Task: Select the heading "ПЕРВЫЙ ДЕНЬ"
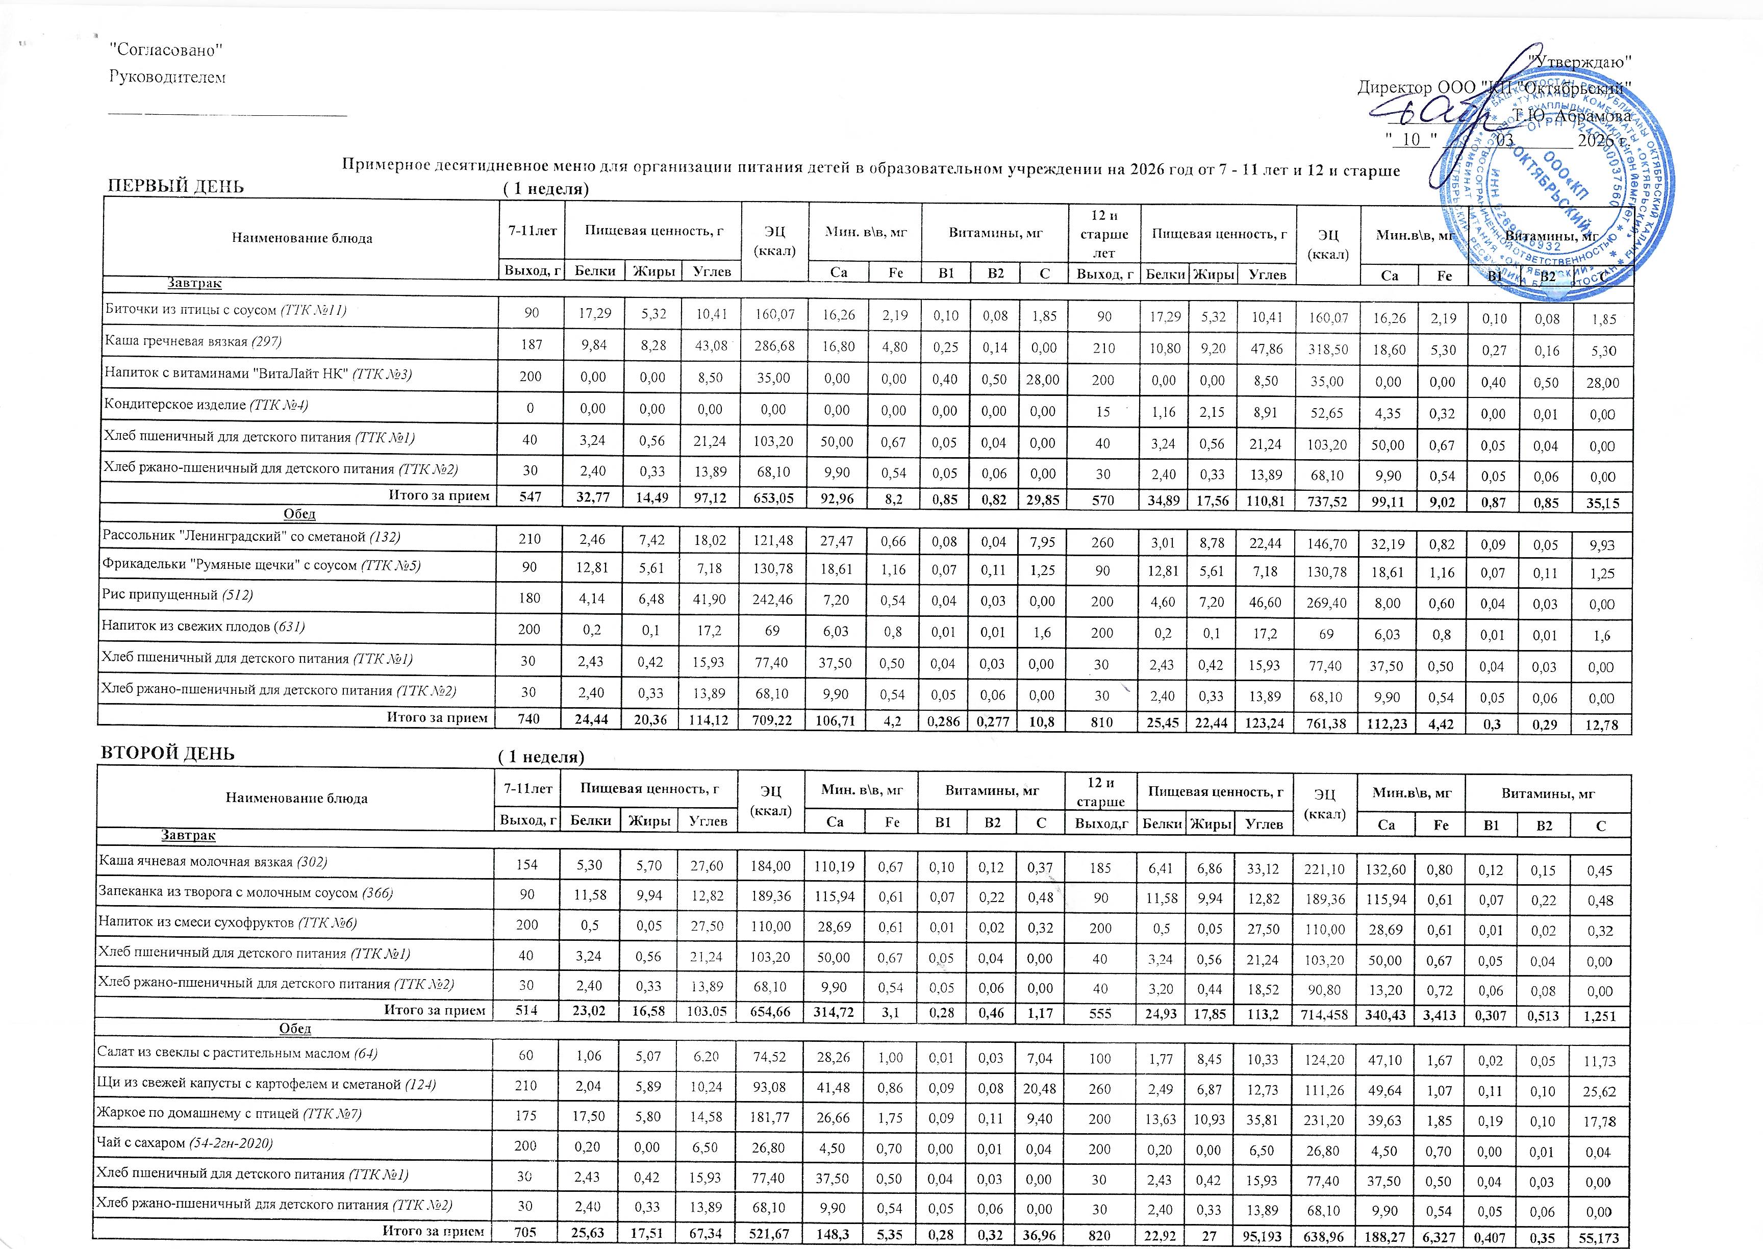(175, 186)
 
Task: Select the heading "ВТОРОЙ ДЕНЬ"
(168, 753)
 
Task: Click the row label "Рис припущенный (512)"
(178, 594)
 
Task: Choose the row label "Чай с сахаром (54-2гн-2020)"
(185, 1143)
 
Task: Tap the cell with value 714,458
(1324, 1015)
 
